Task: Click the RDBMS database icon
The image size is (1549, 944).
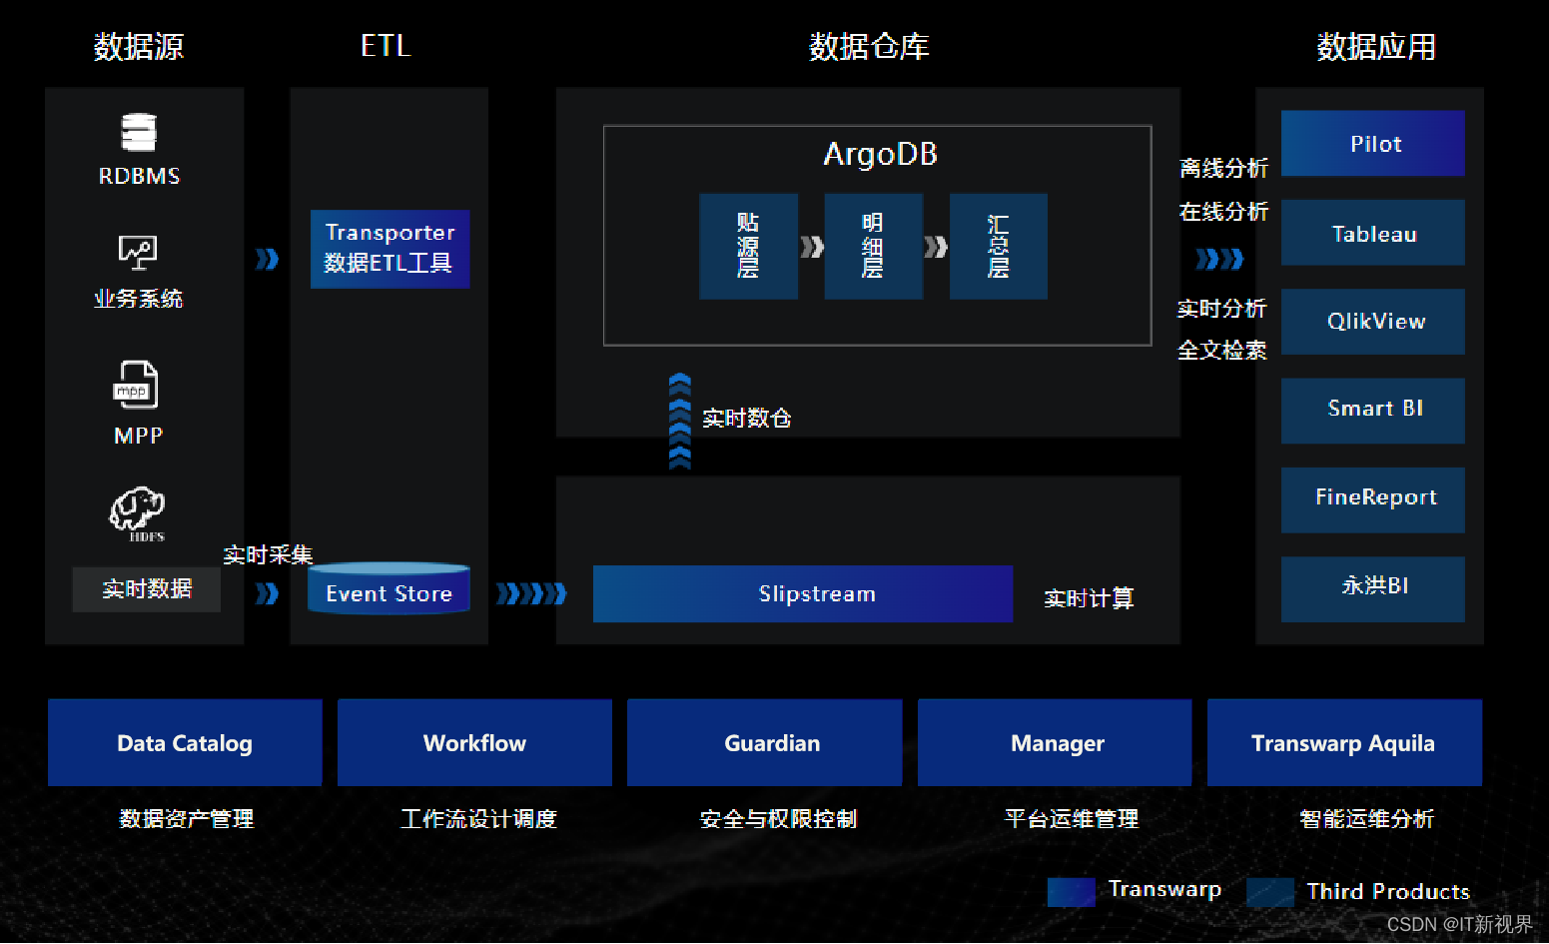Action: click(x=139, y=133)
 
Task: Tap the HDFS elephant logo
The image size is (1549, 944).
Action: click(x=137, y=510)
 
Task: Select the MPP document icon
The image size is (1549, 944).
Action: click(x=136, y=386)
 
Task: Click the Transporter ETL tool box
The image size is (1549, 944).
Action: click(x=389, y=249)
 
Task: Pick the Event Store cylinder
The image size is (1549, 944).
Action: click(x=388, y=589)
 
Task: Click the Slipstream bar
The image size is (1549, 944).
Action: click(x=802, y=593)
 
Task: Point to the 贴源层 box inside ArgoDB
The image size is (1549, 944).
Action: click(x=748, y=246)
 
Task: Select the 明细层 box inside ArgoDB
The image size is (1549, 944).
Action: click(x=873, y=246)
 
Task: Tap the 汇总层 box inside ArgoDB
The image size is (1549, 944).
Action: click(x=998, y=246)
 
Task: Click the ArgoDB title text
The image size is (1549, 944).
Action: click(x=880, y=154)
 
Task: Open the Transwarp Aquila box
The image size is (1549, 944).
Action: click(x=1343, y=742)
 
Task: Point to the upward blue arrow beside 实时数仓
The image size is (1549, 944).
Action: click(x=679, y=421)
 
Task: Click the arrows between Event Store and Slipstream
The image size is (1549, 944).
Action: click(x=531, y=594)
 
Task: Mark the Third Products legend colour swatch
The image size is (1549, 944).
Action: click(x=1270, y=891)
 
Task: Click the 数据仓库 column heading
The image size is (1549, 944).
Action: click(x=868, y=46)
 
